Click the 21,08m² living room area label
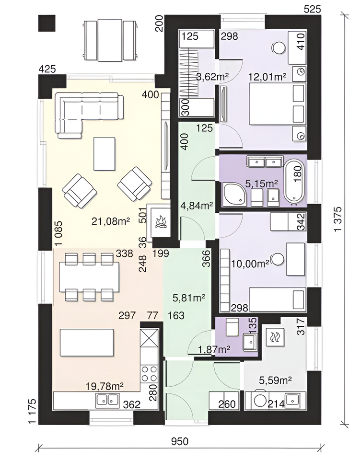pyautogui.click(x=111, y=221)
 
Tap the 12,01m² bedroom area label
pyautogui.click(x=267, y=77)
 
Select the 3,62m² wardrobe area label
pyautogui.click(x=212, y=77)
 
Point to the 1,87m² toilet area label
pyautogui.click(x=214, y=349)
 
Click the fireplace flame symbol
pyautogui.click(x=161, y=221)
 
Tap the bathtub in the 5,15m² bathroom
pyautogui.click(x=294, y=181)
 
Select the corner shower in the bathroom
pyautogui.click(x=234, y=194)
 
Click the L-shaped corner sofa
pyautogui.click(x=89, y=115)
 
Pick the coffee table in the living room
pyautogui.click(x=105, y=154)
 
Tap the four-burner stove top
pyautogui.click(x=150, y=373)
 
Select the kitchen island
pyautogui.click(x=87, y=343)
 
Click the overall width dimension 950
pyautogui.click(x=179, y=441)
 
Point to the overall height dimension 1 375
pyautogui.click(x=338, y=219)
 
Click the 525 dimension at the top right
pyautogui.click(x=312, y=9)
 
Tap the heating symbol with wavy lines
pyautogui.click(x=275, y=336)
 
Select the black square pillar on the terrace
pyautogui.click(x=47, y=23)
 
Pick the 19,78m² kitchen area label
pyautogui.click(x=105, y=386)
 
